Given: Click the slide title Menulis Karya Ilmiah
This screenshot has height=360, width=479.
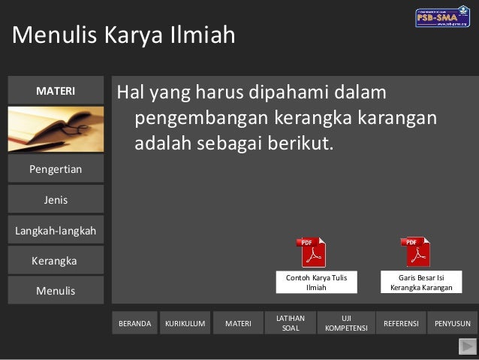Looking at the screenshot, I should pyautogui.click(x=123, y=35).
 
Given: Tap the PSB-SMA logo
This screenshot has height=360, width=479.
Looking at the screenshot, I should pyautogui.click(x=442, y=17).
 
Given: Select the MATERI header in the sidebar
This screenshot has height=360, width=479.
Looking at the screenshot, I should pyautogui.click(x=56, y=91).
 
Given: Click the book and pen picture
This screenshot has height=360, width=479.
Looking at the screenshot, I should pyautogui.click(x=56, y=129).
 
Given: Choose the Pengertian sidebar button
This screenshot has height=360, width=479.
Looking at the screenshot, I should pyautogui.click(x=56, y=169).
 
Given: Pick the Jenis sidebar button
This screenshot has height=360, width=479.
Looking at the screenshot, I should pyautogui.click(x=56, y=200).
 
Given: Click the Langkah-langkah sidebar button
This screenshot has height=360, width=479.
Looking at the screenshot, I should pyautogui.click(x=56, y=231).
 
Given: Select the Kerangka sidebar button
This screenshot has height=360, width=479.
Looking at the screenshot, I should pyautogui.click(x=56, y=261).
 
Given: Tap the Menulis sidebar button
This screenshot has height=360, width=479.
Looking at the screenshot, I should pyautogui.click(x=56, y=290).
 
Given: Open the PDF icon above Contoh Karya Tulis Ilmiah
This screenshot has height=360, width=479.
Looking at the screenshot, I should pyautogui.click(x=313, y=253).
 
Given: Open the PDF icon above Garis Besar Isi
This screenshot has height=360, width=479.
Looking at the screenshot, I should pyautogui.click(x=417, y=253).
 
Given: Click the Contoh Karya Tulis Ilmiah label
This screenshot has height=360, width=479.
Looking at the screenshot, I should pyautogui.click(x=316, y=283).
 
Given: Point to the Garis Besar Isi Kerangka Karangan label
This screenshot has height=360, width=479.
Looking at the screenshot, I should pyautogui.click(x=421, y=283).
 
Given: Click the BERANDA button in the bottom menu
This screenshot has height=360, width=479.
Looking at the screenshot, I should pyautogui.click(x=135, y=323).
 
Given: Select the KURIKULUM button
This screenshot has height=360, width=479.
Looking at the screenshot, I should pyautogui.click(x=185, y=323).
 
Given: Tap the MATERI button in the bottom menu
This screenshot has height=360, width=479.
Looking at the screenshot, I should pyautogui.click(x=238, y=323).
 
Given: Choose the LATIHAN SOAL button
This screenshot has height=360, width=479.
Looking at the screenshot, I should pyautogui.click(x=290, y=323).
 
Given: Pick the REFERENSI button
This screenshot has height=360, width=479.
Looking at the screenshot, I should pyautogui.click(x=401, y=323).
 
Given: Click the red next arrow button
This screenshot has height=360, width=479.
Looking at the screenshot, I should pyautogui.click(x=467, y=346).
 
